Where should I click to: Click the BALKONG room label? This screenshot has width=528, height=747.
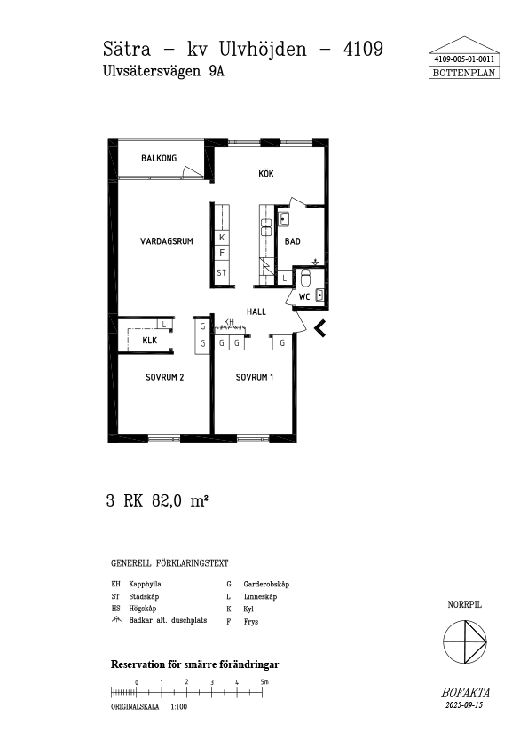pos(159,158)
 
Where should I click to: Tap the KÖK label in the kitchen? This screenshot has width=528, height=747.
pos(266,174)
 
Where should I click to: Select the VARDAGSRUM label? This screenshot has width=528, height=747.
pos(167,241)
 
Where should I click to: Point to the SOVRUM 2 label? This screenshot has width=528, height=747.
pos(164,377)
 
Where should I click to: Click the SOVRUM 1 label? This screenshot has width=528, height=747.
pos(255,377)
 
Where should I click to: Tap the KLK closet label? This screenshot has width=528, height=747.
pos(150,340)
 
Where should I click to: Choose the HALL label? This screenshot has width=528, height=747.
pos(256,311)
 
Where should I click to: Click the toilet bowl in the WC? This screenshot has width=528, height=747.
pos(306,279)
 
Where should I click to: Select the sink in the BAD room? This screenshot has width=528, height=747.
pos(284,219)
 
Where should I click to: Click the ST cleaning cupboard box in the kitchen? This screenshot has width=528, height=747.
pos(222,272)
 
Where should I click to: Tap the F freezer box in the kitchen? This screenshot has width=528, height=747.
pos(222,253)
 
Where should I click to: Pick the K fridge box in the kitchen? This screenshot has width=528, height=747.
pos(222,237)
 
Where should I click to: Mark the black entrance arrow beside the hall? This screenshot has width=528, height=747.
pos(319,328)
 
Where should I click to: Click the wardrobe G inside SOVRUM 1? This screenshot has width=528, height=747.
pos(282,342)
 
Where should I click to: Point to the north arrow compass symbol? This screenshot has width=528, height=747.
pos(465,641)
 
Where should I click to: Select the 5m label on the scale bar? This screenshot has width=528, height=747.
pos(264,681)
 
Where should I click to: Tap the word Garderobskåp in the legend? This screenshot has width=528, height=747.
pos(266,584)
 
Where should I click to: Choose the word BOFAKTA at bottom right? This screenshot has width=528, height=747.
pos(465,693)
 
